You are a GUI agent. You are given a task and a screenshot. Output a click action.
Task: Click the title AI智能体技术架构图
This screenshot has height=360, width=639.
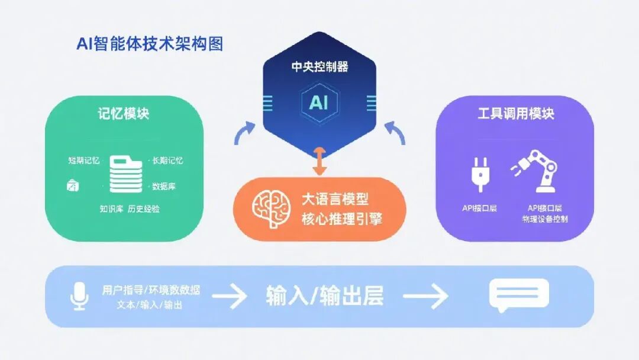pos(150,44)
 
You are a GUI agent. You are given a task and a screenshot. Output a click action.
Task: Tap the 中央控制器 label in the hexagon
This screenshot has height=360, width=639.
pos(319,67)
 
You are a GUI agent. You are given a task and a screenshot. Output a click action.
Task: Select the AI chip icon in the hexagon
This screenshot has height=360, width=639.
pos(319,102)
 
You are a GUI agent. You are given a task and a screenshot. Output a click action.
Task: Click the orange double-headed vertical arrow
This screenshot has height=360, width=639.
pos(319,160)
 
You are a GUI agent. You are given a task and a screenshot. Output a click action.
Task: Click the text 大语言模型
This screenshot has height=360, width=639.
pos(335,200)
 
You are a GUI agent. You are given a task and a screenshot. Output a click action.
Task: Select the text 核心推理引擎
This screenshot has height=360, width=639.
pos(341,219)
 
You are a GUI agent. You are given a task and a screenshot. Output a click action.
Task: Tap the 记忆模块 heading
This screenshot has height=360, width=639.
pos(124,114)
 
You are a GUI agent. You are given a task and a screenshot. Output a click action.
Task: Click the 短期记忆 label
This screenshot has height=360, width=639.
pos(83,161)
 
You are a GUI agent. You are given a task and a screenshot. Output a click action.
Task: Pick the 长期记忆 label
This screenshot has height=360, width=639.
pos(167,161)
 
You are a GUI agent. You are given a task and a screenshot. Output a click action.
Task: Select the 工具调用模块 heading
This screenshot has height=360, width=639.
pos(516,114)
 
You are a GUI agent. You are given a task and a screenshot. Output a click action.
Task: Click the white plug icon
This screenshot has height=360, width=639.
pos(479,174)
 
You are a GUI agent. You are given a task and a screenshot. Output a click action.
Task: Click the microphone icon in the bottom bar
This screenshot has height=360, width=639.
pos(79,295)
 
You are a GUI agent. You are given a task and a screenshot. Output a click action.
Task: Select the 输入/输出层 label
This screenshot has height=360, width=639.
pos(325,295)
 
